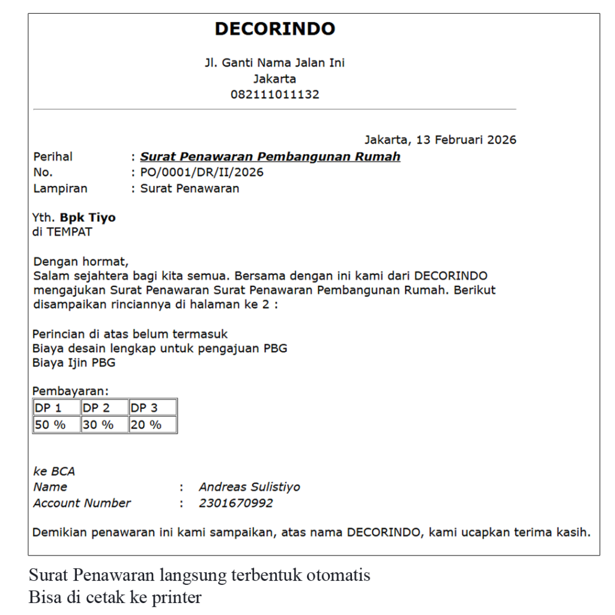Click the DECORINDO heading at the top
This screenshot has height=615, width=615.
[x=274, y=29]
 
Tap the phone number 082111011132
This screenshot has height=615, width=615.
[x=274, y=94]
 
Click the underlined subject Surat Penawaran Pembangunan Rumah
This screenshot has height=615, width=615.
[x=270, y=157]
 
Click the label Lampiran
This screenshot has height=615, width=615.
[x=60, y=189]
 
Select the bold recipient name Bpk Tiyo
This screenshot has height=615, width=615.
[x=88, y=217]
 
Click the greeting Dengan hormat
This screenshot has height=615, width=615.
[x=81, y=262]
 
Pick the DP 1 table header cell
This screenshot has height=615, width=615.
[x=56, y=408]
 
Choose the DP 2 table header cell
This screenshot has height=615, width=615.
[x=105, y=408]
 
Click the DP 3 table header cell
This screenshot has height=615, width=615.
[x=153, y=408]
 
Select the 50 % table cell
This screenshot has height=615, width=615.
[x=56, y=425]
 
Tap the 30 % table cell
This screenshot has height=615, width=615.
[x=105, y=425]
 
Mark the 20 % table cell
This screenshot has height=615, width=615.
[x=153, y=425]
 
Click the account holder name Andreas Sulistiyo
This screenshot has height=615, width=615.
[x=249, y=487]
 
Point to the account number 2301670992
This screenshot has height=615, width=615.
[x=235, y=503]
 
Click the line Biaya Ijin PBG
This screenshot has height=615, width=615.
[x=74, y=363]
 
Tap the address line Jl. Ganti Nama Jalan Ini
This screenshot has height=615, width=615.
[x=274, y=63]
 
